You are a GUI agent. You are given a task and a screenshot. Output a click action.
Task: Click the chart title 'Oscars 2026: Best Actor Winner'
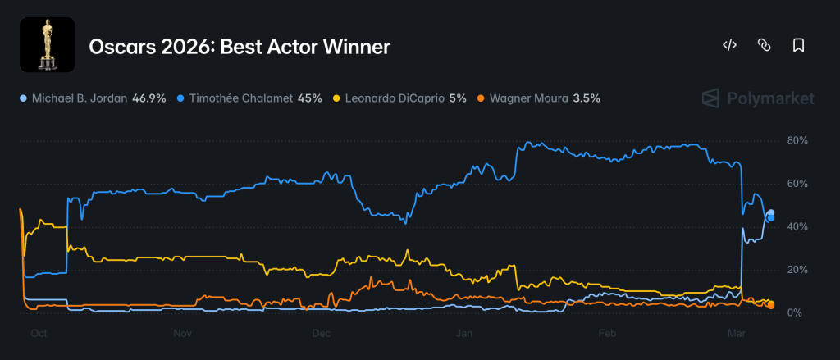239,47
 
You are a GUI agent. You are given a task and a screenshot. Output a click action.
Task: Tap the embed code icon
728,45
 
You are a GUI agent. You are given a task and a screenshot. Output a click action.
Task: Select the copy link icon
763,45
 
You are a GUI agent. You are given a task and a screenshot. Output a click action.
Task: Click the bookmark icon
797,45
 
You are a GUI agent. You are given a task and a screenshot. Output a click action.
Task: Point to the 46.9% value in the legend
149,98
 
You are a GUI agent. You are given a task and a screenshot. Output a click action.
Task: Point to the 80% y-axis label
797,141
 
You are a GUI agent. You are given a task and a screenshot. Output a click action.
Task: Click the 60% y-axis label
797,184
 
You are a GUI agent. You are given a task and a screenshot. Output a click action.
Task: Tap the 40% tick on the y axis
797,227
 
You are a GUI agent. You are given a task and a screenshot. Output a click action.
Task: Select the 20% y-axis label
797,270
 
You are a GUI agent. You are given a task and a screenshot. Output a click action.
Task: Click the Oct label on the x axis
39,334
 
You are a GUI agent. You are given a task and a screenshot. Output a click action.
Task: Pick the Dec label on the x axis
321,334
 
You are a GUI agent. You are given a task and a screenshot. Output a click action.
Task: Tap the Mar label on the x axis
737,334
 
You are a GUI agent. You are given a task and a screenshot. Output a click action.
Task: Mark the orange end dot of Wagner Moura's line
770,306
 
